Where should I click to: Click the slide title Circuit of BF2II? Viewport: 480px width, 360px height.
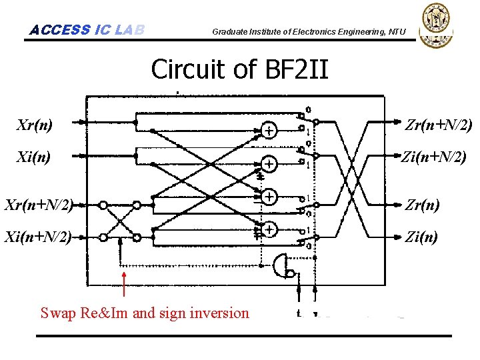[x=240, y=69]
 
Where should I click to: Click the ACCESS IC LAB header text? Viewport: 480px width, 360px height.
[x=87, y=30]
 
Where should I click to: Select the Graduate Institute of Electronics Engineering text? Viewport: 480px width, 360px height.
[x=308, y=31]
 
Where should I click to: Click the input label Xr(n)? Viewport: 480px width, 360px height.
[x=35, y=125]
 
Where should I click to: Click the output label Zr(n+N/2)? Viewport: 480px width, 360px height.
[x=439, y=125]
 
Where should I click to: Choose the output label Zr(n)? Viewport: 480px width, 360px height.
[x=423, y=205]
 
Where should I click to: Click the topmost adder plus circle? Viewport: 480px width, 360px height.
[x=269, y=131]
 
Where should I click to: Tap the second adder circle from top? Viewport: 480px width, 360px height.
[x=269, y=163]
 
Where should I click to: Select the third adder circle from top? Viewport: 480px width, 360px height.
[x=269, y=197]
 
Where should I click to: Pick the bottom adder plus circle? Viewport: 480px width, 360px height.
[x=269, y=229]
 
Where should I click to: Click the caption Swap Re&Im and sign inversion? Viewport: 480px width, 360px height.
[x=145, y=313]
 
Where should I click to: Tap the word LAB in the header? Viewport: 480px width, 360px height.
[x=129, y=30]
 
